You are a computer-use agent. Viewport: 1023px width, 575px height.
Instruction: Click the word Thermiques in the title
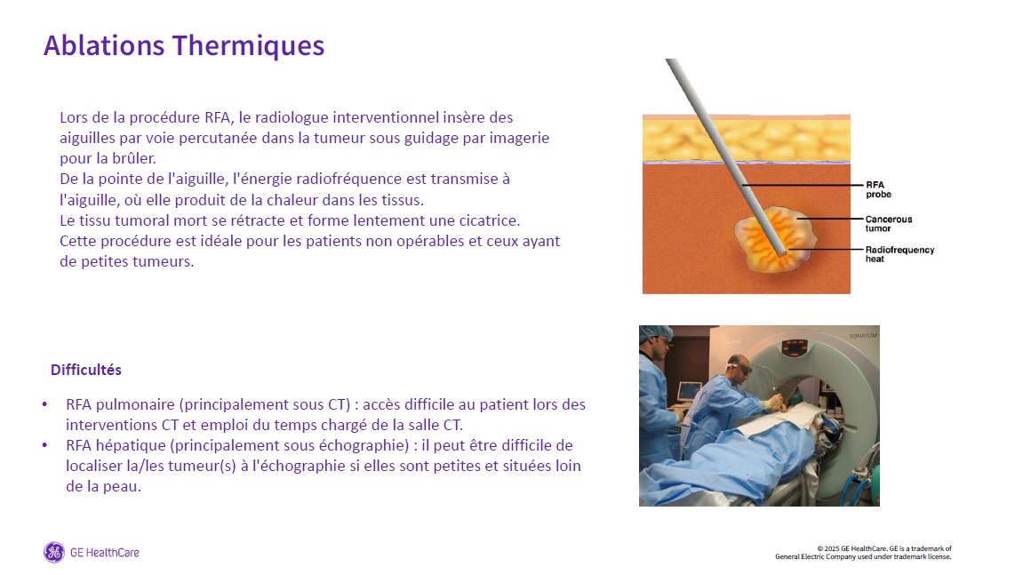(249, 45)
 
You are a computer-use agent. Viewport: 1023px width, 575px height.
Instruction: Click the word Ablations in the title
(104, 45)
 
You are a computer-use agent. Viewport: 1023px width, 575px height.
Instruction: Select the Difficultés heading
(86, 370)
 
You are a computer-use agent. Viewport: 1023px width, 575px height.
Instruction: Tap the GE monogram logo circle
(54, 552)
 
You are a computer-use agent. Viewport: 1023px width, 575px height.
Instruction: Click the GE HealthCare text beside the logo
(104, 553)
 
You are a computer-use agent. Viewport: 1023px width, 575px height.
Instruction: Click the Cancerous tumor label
(889, 224)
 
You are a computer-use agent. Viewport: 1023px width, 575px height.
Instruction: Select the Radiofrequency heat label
(899, 254)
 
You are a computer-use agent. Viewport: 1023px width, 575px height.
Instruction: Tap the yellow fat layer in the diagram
(747, 140)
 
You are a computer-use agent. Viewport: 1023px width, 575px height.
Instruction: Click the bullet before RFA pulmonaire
(44, 404)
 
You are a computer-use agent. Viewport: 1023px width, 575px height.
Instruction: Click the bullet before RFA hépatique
(44, 446)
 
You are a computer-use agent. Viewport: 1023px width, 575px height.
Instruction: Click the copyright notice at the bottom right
(863, 553)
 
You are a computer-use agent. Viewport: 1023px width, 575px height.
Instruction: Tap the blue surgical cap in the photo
(655, 333)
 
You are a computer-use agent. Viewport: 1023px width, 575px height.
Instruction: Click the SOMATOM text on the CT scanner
(862, 335)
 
